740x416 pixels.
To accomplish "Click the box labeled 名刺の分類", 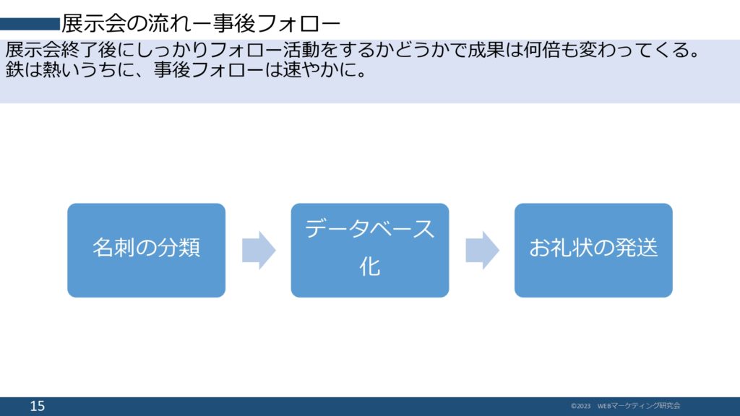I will pyautogui.click(x=146, y=250).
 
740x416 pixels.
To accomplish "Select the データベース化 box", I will pyautogui.click(x=369, y=250).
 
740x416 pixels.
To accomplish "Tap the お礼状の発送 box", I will pyautogui.click(x=593, y=250).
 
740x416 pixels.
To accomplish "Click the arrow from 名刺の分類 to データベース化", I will pyautogui.click(x=259, y=250).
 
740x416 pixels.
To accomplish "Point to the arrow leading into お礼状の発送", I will pyautogui.click(x=482, y=250).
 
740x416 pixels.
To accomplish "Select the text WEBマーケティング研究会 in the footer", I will pyautogui.click(x=639, y=407).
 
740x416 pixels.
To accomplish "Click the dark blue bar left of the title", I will pyautogui.click(x=30, y=24).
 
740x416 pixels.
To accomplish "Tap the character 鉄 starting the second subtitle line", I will pyautogui.click(x=14, y=73).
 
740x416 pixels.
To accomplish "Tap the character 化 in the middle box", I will pyautogui.click(x=369, y=267).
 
